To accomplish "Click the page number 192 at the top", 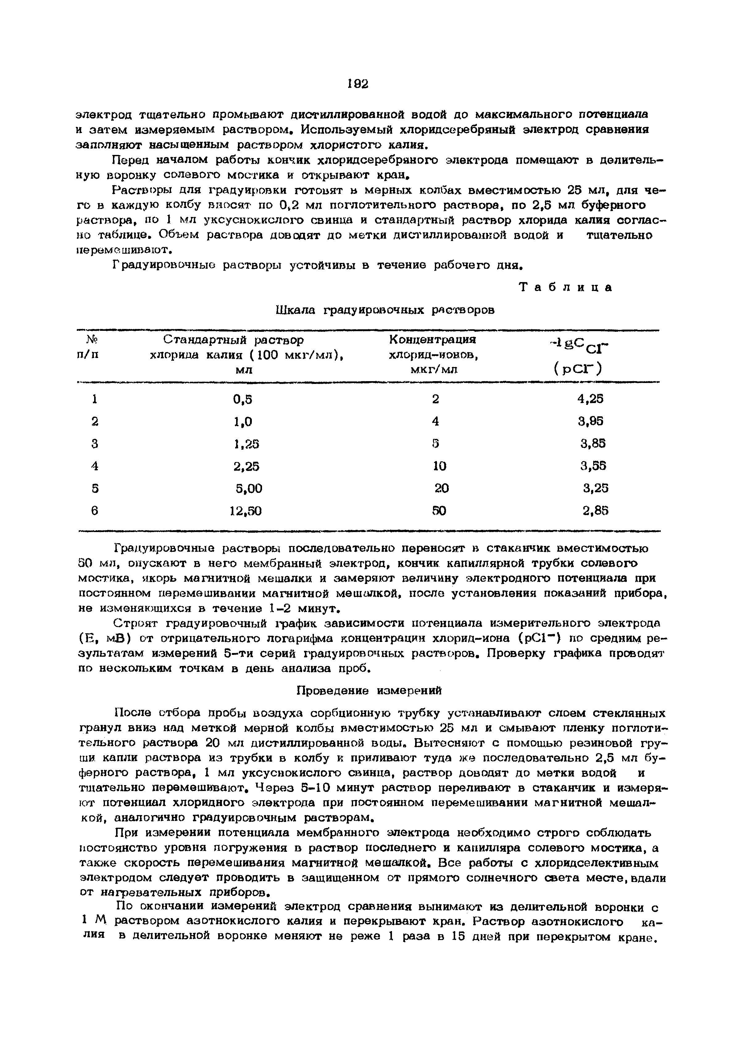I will [x=358, y=84].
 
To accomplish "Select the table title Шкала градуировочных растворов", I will [x=385, y=310].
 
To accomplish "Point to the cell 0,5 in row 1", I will [x=243, y=399].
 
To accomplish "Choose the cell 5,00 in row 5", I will [x=249, y=488].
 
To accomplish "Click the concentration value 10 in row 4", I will [x=439, y=466].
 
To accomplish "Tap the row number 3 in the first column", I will [x=94, y=443].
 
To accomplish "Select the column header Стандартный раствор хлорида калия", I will [x=247, y=354].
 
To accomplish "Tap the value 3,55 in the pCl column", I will [x=593, y=466].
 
